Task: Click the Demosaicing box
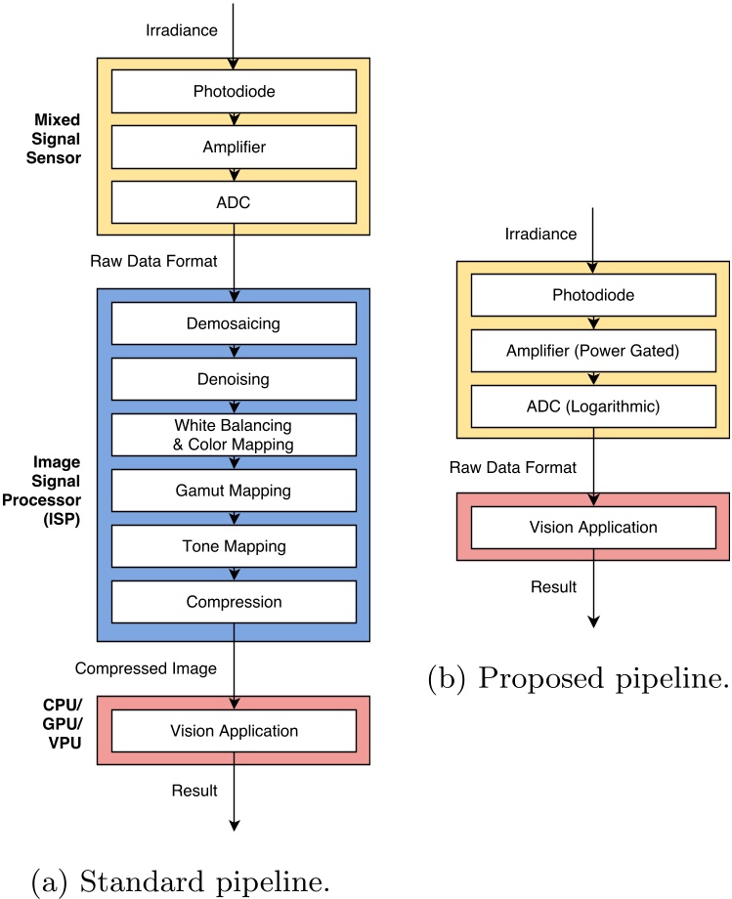(234, 323)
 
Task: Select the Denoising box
(234, 379)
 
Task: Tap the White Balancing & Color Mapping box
(234, 435)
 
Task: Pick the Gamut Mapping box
(234, 491)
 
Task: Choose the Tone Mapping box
(234, 546)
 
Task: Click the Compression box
(234, 602)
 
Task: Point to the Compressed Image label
(146, 668)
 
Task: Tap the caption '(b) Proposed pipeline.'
(578, 679)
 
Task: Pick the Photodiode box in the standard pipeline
(234, 93)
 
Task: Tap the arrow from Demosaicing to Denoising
(234, 351)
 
